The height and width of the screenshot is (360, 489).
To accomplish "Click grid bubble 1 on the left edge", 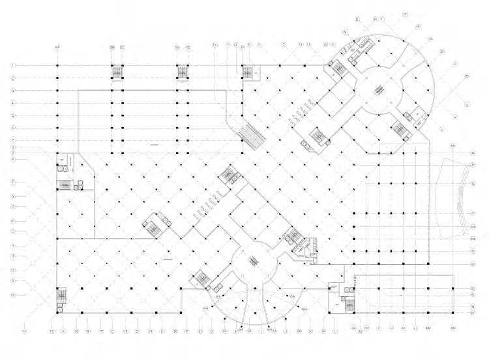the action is point(13,66).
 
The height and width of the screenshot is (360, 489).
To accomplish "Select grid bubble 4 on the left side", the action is point(13,103).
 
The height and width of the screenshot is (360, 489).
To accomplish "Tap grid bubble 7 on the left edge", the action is point(13,140).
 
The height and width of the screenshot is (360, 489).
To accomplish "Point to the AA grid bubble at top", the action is point(57,48).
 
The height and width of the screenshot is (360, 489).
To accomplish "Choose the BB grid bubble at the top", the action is point(112,48).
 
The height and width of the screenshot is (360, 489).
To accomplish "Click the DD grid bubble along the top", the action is point(177,48).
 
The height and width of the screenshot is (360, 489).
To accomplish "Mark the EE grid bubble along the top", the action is point(188,48).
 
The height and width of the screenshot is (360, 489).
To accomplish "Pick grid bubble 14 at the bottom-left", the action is point(25,331).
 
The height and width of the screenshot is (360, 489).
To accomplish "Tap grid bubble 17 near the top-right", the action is point(405,14).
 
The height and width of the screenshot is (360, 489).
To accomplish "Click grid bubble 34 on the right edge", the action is point(472,263).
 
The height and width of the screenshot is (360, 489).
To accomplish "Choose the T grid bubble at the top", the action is point(284,44).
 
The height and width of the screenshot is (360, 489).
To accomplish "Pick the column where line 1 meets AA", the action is point(57,66).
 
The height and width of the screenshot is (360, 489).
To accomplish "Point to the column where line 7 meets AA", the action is point(57,140).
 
